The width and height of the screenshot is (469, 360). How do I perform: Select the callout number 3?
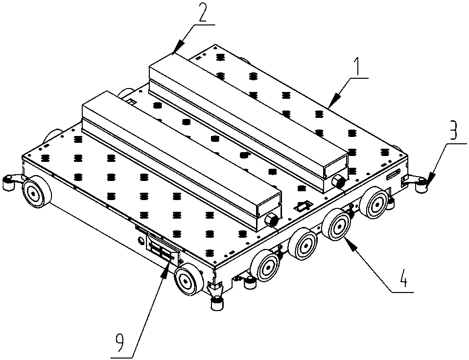(453, 130)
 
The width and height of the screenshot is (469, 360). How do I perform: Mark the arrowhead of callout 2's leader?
(178, 48)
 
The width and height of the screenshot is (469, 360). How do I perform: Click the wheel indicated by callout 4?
(336, 225)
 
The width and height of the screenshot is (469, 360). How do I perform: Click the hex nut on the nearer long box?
(271, 221)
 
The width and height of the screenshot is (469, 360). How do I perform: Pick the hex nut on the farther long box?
(339, 181)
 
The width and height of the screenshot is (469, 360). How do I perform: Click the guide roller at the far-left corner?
(8, 182)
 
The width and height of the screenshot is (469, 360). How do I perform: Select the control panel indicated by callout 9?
(163, 250)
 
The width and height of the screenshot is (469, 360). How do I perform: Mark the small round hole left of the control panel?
(140, 241)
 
